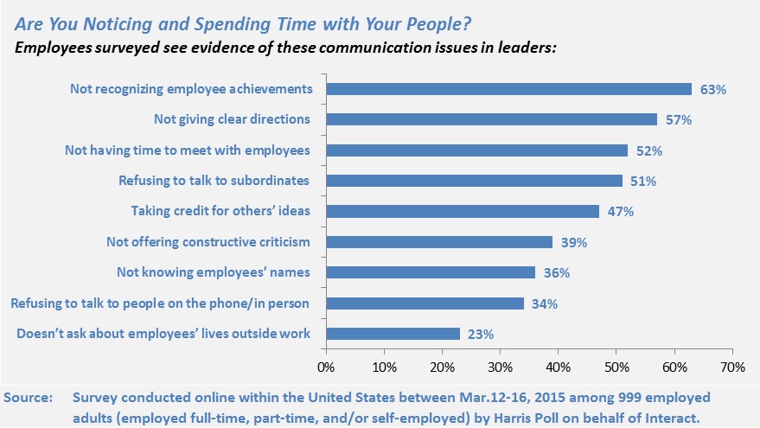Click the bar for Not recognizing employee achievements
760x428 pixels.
point(508,88)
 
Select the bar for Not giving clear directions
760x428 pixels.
point(491,119)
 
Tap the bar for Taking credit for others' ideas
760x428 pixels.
point(463,211)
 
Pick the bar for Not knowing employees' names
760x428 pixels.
point(431,272)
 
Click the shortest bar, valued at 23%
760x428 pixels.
point(393,334)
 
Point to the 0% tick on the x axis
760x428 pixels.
point(326,367)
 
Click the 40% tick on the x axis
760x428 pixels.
point(558,367)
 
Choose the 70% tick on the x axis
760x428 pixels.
point(731,367)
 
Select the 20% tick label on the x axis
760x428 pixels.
point(442,367)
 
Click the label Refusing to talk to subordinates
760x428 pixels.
point(214,181)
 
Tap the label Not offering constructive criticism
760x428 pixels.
point(208,242)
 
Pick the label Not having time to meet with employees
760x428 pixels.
point(188,150)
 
